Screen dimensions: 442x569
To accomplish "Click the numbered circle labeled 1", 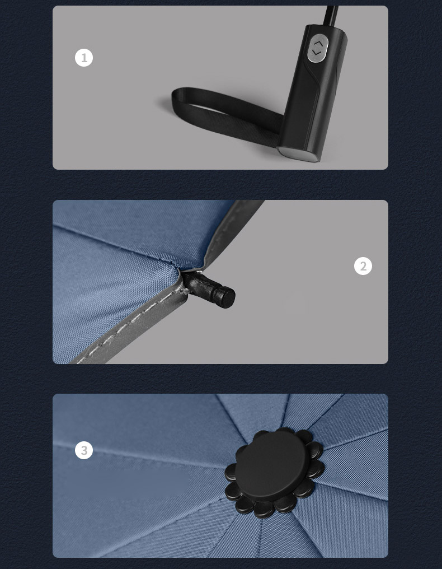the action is [x=84, y=58].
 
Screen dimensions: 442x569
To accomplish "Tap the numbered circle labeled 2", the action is [x=363, y=266].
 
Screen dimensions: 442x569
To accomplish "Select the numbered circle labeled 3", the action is [x=84, y=450].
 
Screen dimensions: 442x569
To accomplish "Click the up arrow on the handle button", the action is [x=318, y=44].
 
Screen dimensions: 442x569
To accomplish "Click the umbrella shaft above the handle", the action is [x=331, y=15].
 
